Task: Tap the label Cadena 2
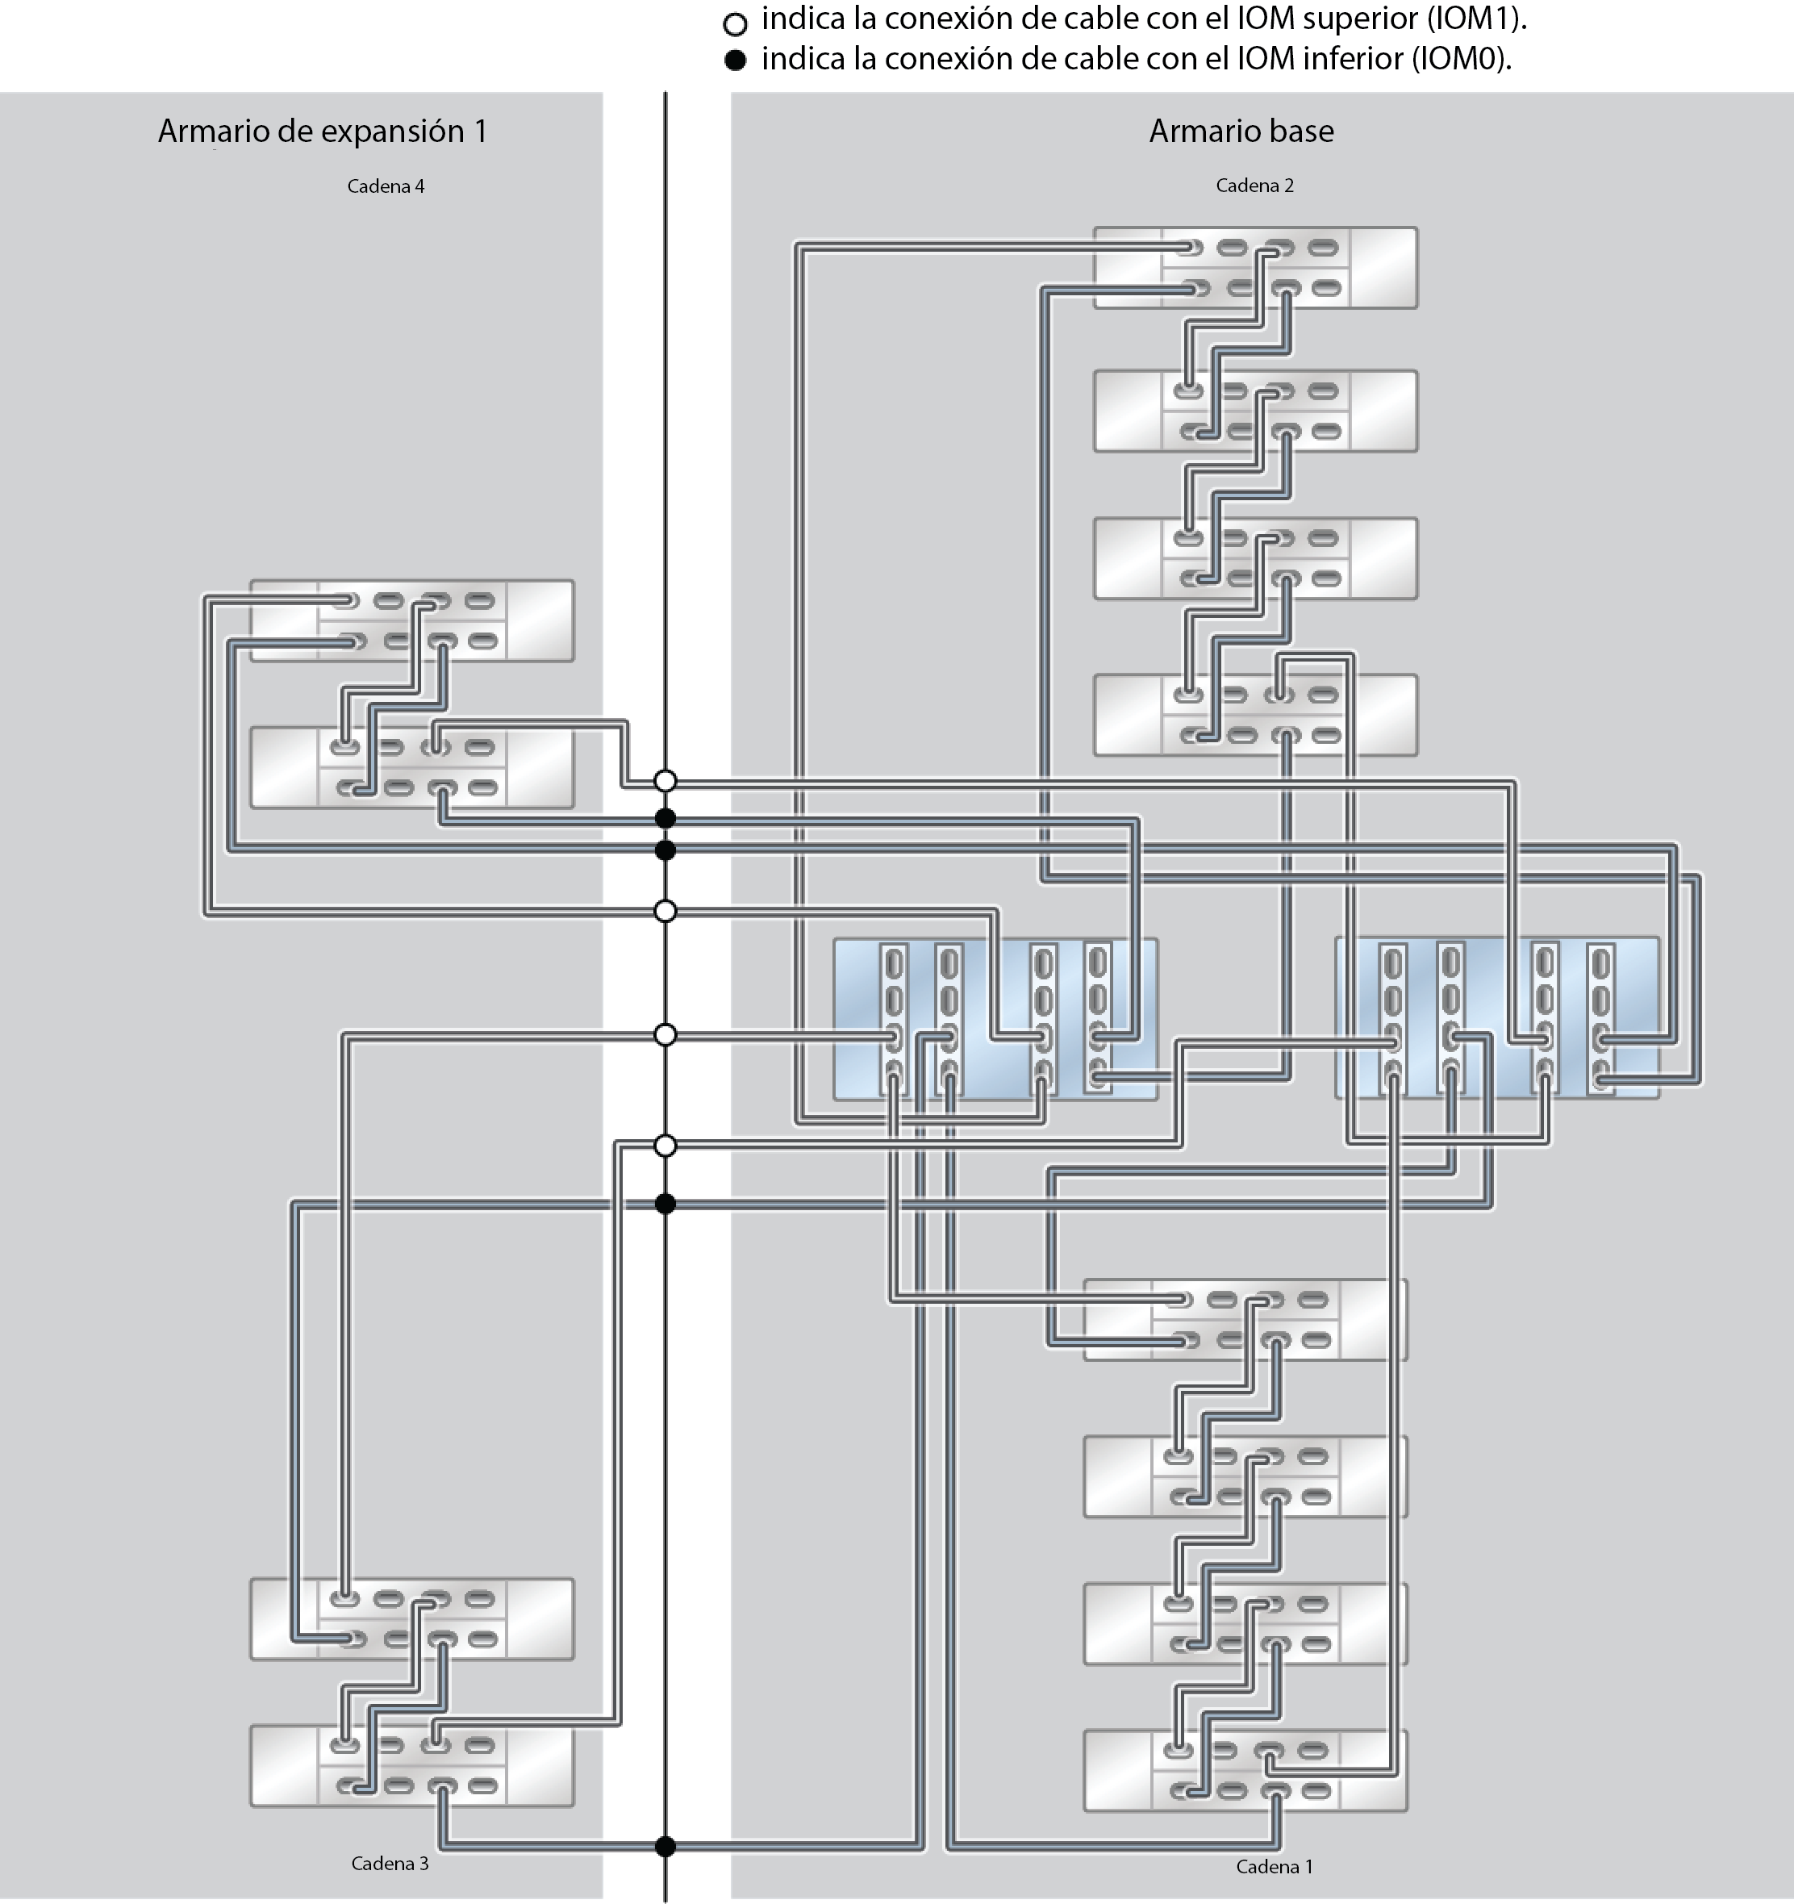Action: click(x=1254, y=186)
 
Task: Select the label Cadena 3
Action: click(x=389, y=1863)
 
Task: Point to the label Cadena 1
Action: click(x=1274, y=1866)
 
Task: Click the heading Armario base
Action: click(x=1241, y=132)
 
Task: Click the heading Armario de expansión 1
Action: click(x=322, y=132)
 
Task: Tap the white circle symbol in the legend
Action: click(x=735, y=23)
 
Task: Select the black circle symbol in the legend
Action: click(x=735, y=61)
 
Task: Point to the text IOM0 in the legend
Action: click(x=1453, y=60)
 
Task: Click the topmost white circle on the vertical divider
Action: click(x=665, y=782)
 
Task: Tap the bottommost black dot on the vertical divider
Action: click(x=665, y=1847)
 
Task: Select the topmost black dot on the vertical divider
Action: click(x=665, y=818)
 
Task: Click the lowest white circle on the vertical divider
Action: click(x=665, y=1146)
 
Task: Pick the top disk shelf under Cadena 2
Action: click(x=1254, y=267)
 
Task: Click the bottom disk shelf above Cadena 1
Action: click(x=1245, y=1770)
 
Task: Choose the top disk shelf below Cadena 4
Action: click(x=412, y=620)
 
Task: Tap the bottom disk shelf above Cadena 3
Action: click(x=412, y=1766)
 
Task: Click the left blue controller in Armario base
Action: click(x=995, y=1018)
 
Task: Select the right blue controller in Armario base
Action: click(x=1496, y=1017)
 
